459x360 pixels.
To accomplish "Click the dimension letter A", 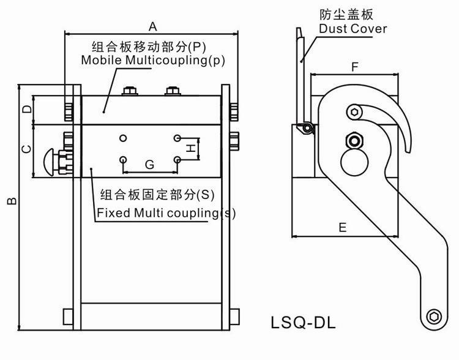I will tap(153, 26).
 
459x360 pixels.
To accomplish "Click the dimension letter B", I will tap(12, 201).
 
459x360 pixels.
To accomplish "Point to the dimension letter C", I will tap(26, 149).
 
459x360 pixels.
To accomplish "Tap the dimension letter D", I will tap(26, 110).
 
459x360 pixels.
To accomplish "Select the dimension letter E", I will tap(342, 227).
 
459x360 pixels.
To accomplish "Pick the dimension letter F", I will tap(354, 67).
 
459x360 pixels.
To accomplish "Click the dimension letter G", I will tap(149, 164).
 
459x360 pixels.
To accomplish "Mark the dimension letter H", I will tap(191, 148).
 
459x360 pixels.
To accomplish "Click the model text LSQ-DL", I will tap(303, 321).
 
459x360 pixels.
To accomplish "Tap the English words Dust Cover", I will tap(353, 29).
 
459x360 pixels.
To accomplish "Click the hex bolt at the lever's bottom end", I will tap(434, 317).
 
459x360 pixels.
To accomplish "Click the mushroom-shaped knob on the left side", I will tap(51, 161).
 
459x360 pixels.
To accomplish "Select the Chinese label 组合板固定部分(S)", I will tap(157, 195).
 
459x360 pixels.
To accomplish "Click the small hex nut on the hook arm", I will tap(353, 111).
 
